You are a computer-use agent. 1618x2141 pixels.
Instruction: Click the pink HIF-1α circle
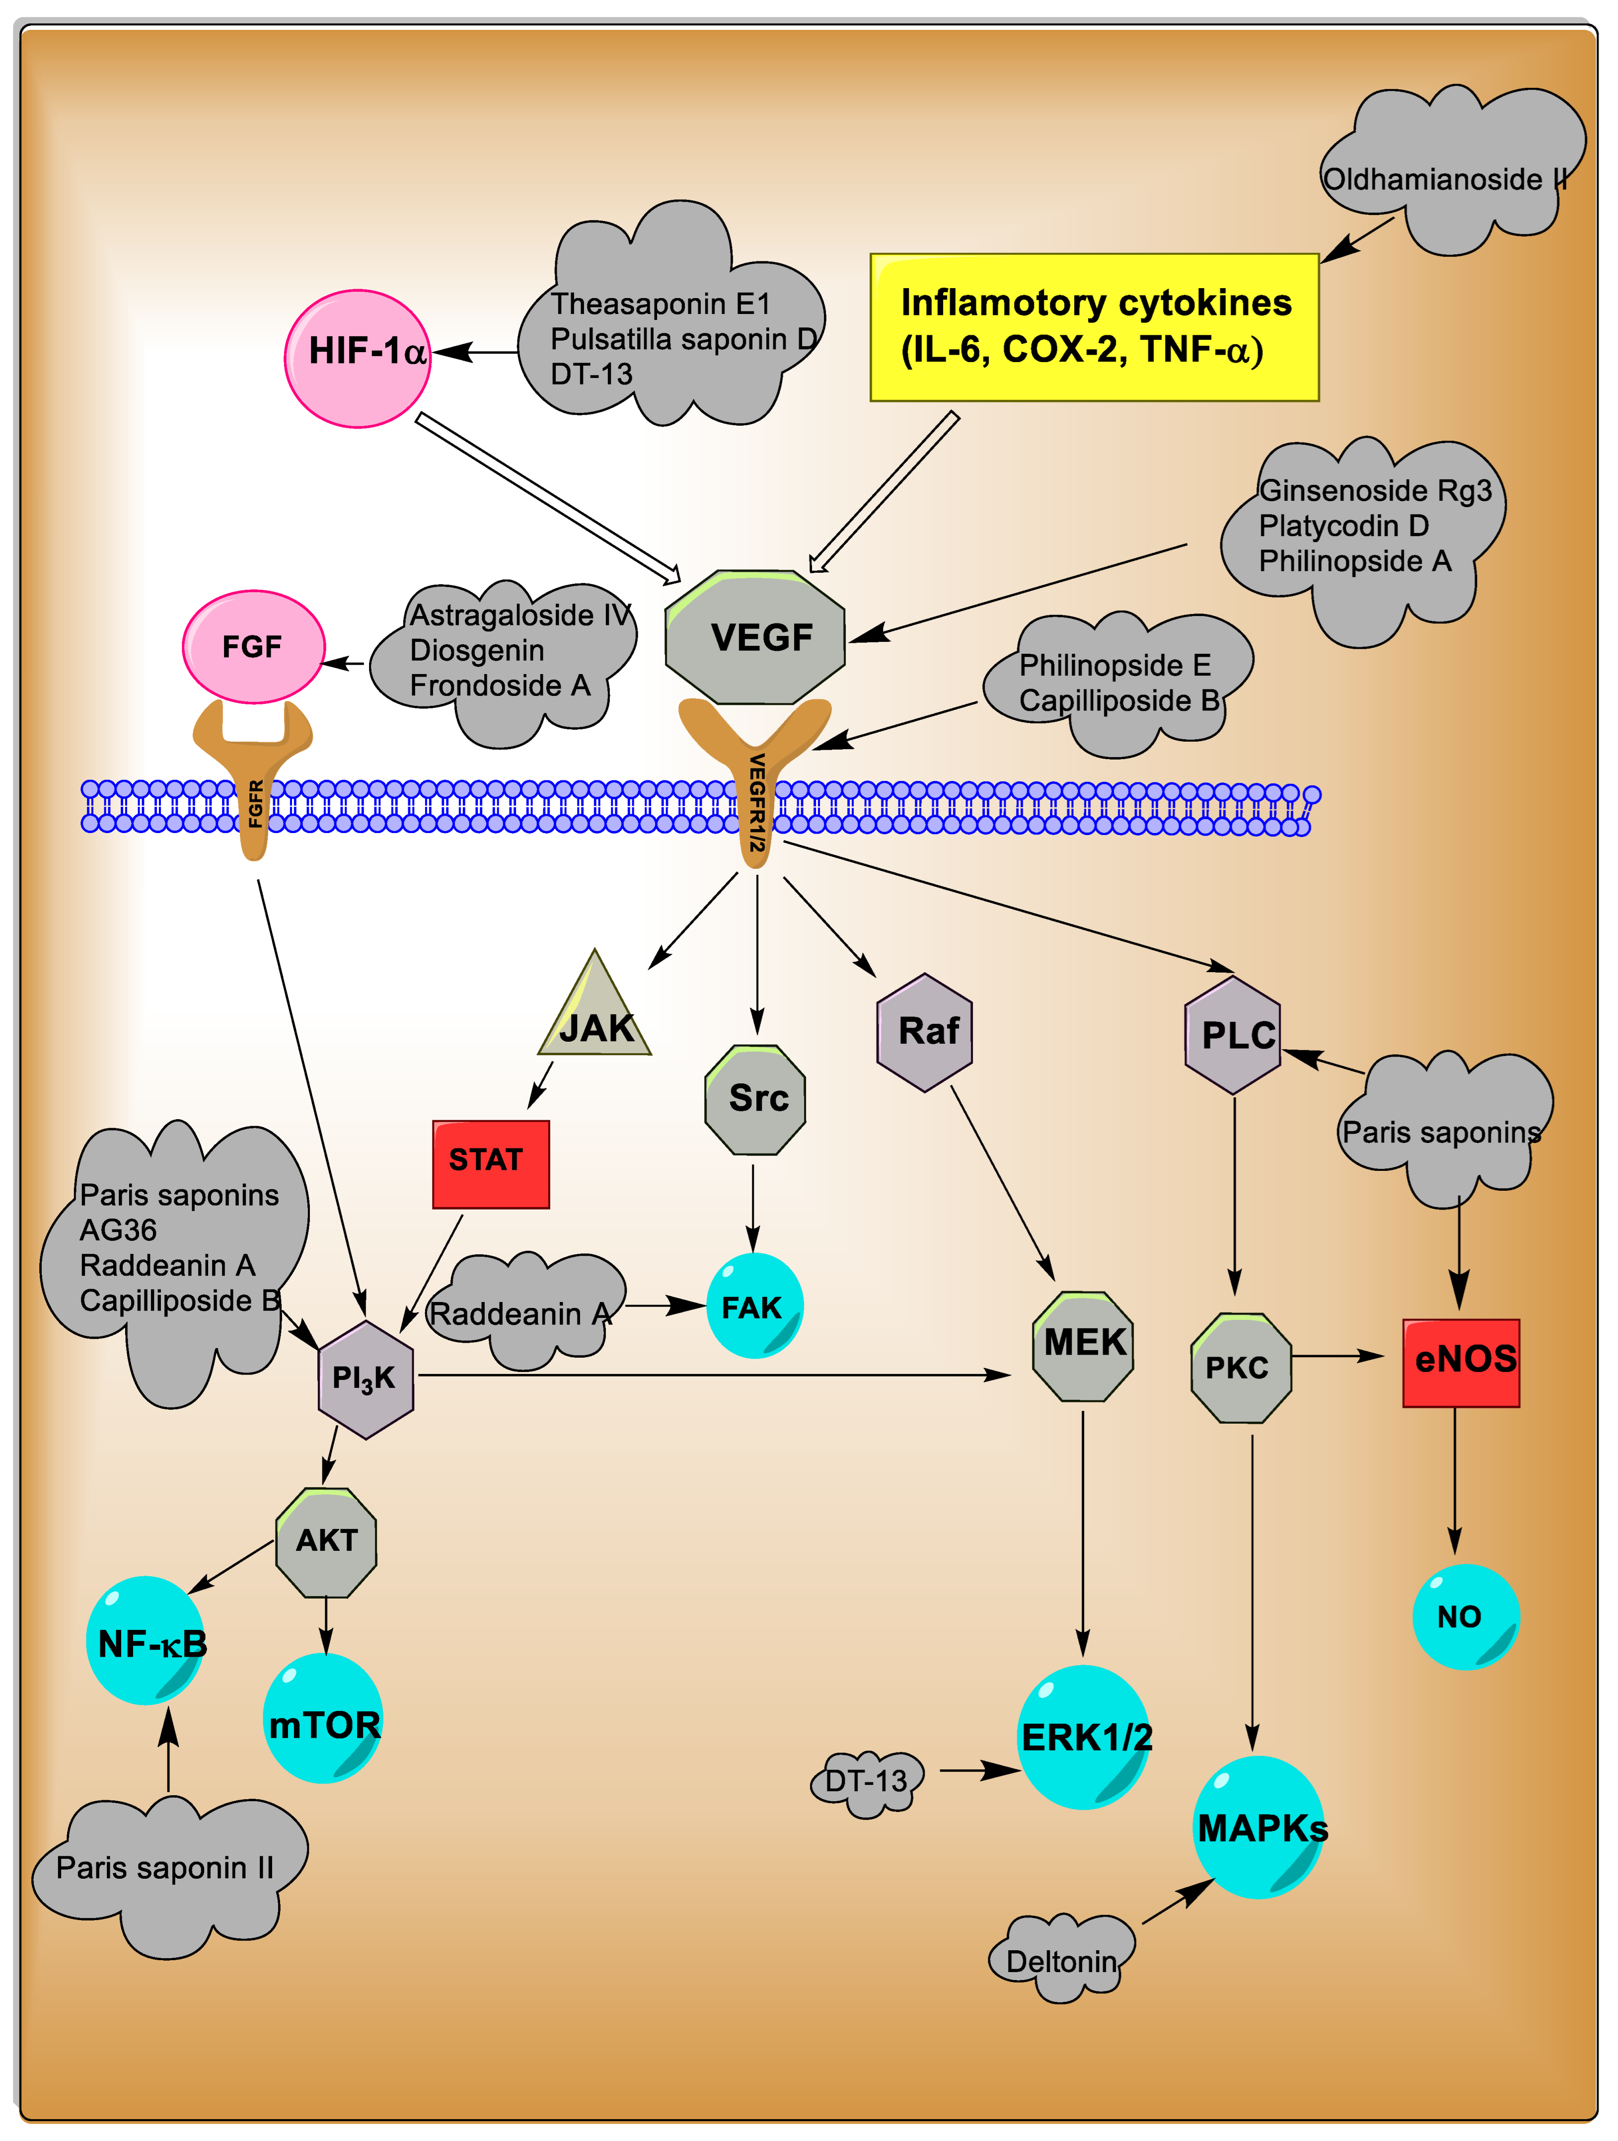(x=357, y=358)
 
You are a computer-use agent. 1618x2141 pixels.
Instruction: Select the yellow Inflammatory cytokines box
(x=1094, y=327)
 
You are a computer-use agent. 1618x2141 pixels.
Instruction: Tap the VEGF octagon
(x=756, y=637)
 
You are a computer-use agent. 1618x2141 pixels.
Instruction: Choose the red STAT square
(x=491, y=1163)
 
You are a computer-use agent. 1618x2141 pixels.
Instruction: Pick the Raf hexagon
(x=925, y=1032)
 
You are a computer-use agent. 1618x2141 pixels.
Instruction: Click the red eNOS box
(x=1461, y=1362)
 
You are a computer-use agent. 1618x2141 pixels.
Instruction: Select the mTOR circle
(x=323, y=1718)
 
